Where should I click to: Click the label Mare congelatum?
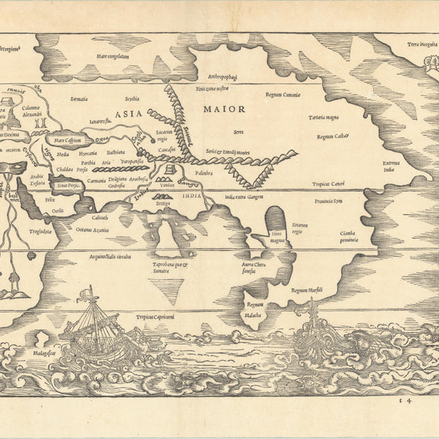coord(113,56)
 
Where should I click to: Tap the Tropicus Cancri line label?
coord(328,184)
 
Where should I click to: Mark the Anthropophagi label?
coord(224,76)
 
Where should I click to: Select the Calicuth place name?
coord(100,217)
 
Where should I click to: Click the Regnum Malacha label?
coord(254,309)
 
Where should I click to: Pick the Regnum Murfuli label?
coord(307,290)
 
